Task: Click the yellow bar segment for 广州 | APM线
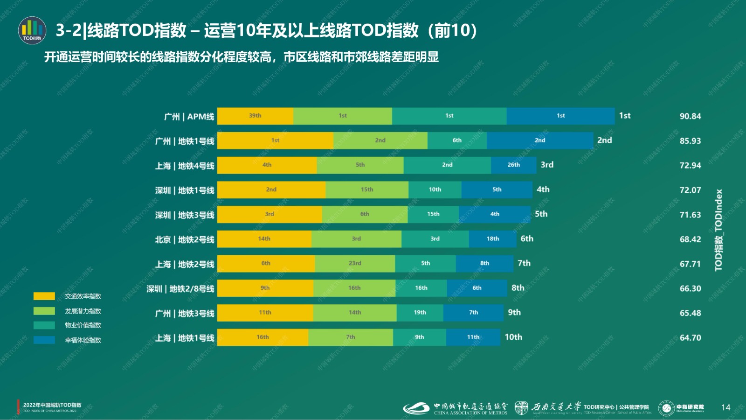pos(255,116)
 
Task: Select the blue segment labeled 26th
pos(513,165)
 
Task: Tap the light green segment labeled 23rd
pos(355,264)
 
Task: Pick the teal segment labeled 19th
pos(420,313)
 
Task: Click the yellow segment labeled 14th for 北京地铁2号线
pos(264,239)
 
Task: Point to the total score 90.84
pos(690,116)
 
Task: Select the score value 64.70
pos(690,337)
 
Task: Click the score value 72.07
pos(690,190)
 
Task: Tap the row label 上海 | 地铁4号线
pos(185,166)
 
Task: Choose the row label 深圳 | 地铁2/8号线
pos(180,289)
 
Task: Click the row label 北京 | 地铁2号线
pos(185,239)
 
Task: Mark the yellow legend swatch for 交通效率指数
pos(44,296)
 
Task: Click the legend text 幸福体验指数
pos(83,340)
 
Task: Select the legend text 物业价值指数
pos(83,325)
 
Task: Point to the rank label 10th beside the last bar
pos(513,337)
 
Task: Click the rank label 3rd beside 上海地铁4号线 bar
pos(547,165)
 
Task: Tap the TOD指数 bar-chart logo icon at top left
pos(32,30)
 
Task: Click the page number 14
pos(725,407)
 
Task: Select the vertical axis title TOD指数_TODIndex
pos(718,230)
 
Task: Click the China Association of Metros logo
pos(455,408)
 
